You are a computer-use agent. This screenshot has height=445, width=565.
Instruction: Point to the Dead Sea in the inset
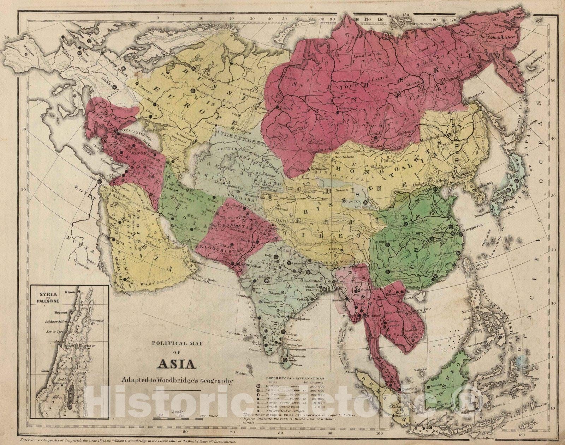coord(70,398)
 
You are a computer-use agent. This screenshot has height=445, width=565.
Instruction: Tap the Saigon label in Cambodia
coord(410,334)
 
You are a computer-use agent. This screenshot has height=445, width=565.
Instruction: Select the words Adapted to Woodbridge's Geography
coord(176,380)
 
